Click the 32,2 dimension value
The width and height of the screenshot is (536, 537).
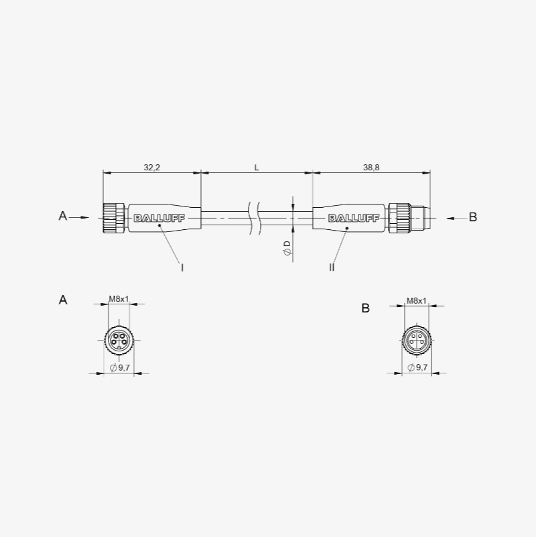[151, 168]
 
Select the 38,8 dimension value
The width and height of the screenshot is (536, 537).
[371, 168]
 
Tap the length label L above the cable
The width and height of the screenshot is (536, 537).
[257, 168]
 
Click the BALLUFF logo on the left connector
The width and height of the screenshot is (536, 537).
[159, 218]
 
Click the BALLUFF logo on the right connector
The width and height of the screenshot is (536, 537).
[354, 218]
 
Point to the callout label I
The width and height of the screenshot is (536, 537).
[182, 267]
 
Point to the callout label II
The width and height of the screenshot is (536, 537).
[332, 267]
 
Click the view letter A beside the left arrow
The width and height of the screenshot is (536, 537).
[62, 216]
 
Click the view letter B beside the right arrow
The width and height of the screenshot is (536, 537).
[472, 217]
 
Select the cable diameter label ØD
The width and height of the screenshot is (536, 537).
[287, 248]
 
